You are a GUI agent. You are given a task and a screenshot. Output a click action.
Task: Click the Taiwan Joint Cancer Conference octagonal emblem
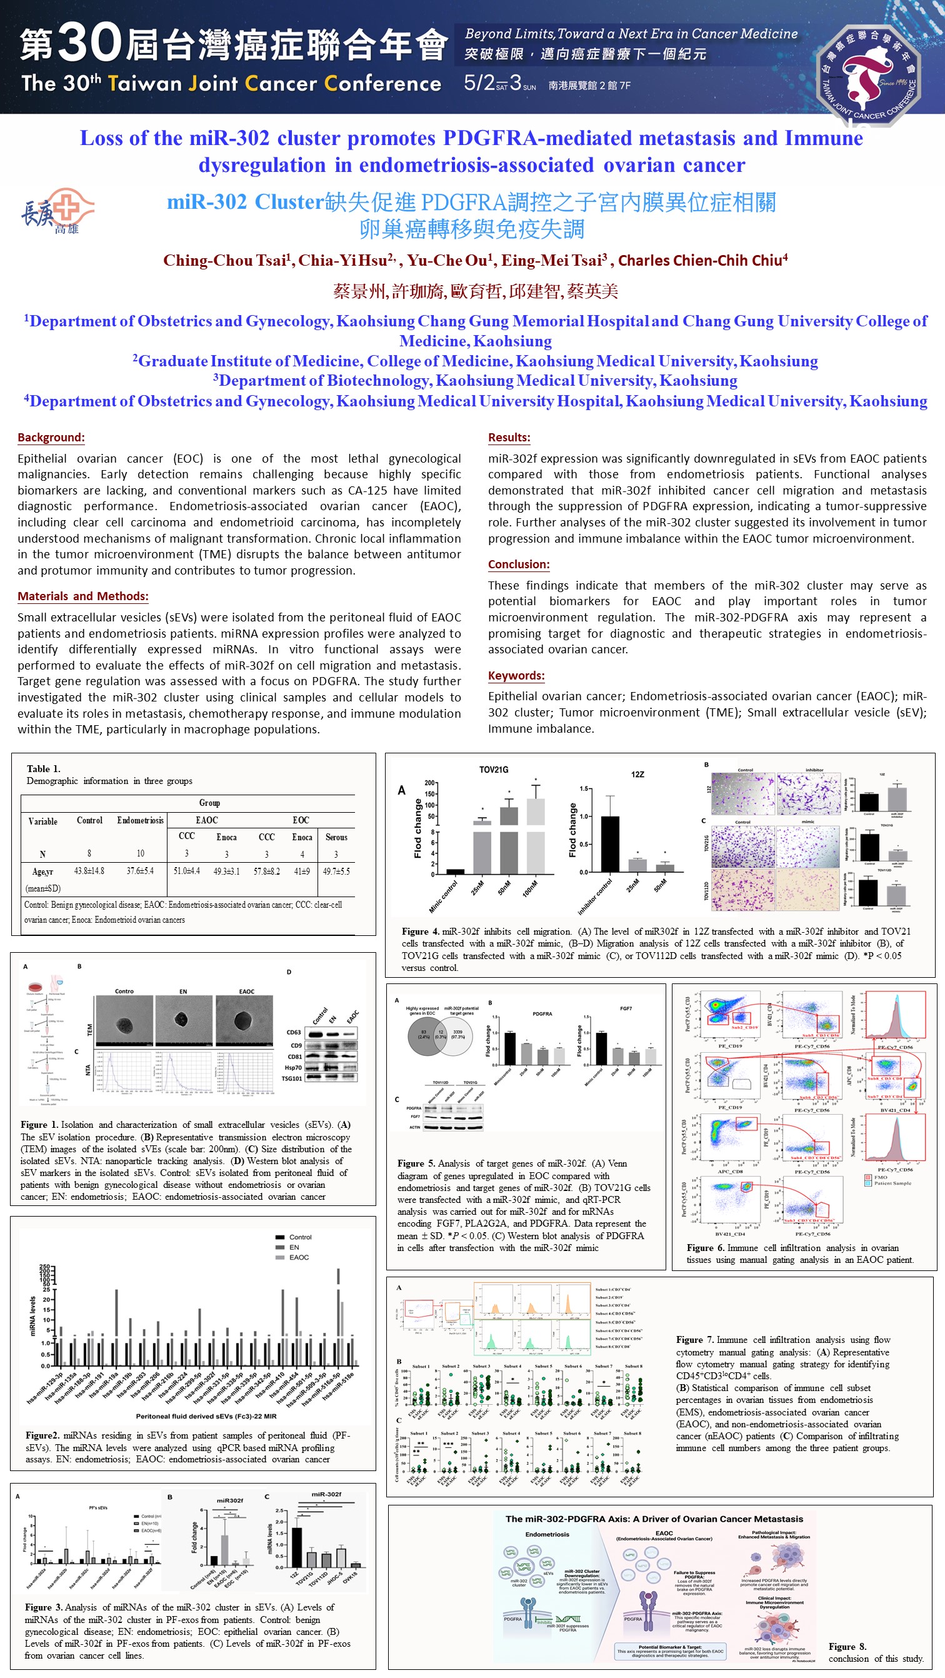(869, 74)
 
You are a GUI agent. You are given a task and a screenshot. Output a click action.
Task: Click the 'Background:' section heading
(51, 437)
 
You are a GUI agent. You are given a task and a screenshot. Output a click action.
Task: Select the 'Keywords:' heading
(516, 675)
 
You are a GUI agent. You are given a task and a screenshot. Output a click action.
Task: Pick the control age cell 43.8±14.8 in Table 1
(89, 871)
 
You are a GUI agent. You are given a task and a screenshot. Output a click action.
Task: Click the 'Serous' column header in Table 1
(336, 837)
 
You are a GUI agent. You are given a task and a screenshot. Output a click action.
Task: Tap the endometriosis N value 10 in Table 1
(140, 853)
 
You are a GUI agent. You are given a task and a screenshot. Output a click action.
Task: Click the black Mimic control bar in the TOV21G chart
(455, 872)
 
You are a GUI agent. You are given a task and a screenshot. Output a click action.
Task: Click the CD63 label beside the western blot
(294, 1032)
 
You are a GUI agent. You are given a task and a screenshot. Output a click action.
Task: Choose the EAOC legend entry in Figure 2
(298, 1257)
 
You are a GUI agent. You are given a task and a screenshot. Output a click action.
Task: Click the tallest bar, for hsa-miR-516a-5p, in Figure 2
(338, 1316)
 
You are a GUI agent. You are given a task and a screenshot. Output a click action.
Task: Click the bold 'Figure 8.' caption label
(847, 1647)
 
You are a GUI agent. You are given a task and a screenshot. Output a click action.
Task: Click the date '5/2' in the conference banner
(479, 83)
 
